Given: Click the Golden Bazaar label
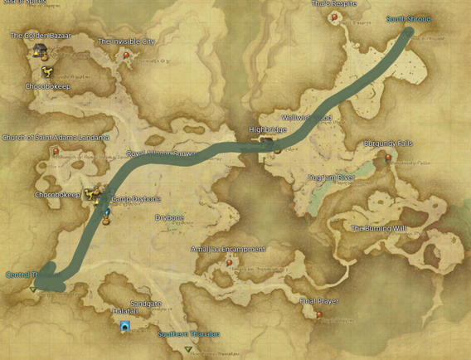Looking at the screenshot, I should click(x=41, y=36).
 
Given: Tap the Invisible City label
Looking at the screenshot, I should click(x=126, y=41).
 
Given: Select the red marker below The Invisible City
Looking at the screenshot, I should click(x=127, y=56).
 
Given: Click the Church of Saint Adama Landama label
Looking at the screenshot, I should click(x=56, y=138).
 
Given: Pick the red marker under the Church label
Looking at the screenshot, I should click(x=56, y=152).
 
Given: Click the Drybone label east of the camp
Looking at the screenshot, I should click(x=169, y=218).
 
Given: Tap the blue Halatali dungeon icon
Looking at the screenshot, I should click(x=124, y=327).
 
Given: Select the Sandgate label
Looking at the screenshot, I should click(x=145, y=304).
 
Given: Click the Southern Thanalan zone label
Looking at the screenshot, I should click(x=189, y=334).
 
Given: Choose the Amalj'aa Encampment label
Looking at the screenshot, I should click(x=228, y=249).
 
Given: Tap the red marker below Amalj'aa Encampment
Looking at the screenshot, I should click(x=230, y=263).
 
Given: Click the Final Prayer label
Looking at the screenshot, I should click(x=318, y=301).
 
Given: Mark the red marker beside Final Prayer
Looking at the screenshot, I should click(x=320, y=314).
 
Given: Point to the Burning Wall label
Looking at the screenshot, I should click(x=378, y=228).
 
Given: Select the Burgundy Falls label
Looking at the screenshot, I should click(x=388, y=144).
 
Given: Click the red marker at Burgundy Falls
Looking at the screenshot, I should click(x=388, y=158).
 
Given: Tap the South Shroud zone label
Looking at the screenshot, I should click(x=408, y=19).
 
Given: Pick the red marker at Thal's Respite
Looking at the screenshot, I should click(x=335, y=17).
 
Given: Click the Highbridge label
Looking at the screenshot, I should click(x=267, y=130).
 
